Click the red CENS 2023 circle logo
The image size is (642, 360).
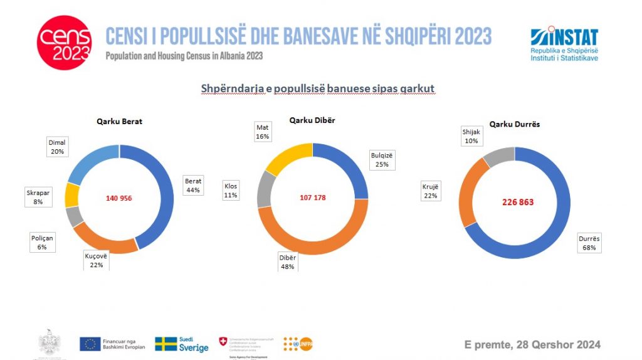point(64,43)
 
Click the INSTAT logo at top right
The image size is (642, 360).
point(564,44)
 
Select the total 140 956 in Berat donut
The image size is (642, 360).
point(118,198)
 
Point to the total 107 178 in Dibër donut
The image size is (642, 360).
point(312,198)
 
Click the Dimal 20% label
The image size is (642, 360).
point(57,146)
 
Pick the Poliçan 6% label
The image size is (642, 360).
point(42,243)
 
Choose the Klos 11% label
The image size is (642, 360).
point(231,190)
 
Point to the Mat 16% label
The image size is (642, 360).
point(262,132)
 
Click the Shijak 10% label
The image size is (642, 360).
point(471,136)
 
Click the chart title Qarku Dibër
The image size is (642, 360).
point(312,120)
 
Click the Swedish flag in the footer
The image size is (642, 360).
point(166,344)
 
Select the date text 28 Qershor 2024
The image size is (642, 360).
point(532,344)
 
